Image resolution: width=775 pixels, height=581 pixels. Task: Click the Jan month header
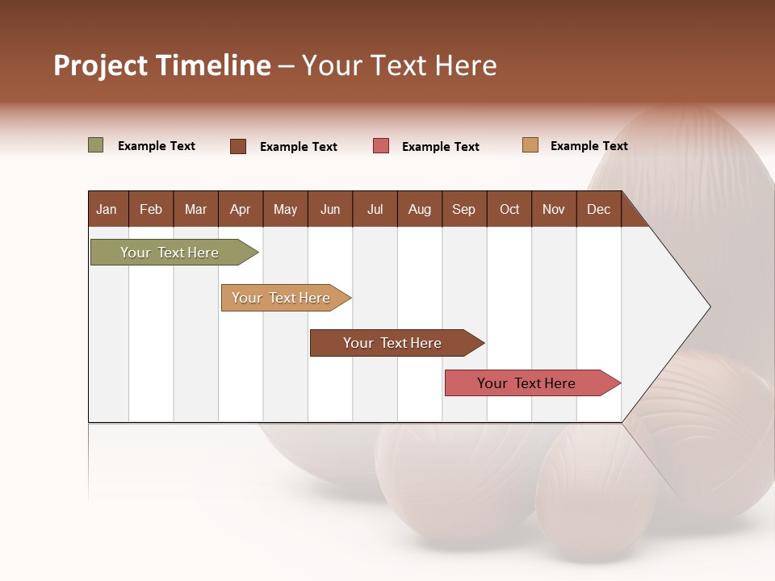pos(107,210)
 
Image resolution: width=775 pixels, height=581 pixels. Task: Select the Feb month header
pos(151,210)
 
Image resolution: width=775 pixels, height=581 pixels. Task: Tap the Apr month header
pos(240,210)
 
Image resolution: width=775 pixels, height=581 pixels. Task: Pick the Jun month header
pos(330,210)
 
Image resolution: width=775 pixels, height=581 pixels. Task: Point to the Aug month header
pos(419,210)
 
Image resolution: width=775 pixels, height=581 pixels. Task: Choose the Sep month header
pos(463,210)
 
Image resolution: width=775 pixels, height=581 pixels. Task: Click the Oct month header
pos(509,210)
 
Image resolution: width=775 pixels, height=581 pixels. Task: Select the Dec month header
pos(598,210)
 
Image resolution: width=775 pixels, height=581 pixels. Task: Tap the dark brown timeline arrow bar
pos(393,343)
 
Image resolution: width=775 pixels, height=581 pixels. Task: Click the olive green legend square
pos(96,145)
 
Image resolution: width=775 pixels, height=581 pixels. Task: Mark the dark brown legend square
pos(238,146)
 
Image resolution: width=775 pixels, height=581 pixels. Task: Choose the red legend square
pos(381,146)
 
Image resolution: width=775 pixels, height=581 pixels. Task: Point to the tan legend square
pos(530,145)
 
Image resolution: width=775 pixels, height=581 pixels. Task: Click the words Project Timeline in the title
pos(161,65)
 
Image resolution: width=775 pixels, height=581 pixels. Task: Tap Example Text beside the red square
pos(441,147)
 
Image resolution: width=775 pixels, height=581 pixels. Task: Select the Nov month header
pos(553,210)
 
